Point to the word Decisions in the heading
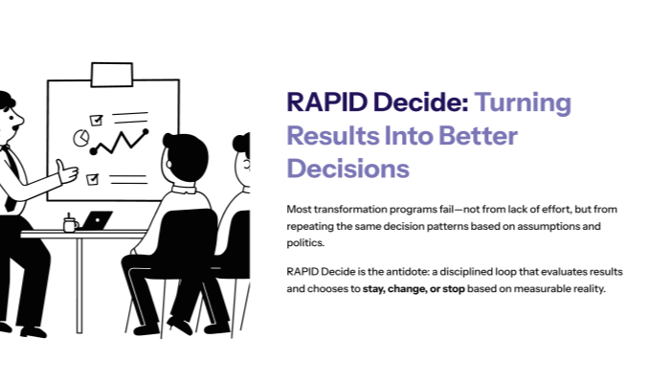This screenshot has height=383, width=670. (x=347, y=169)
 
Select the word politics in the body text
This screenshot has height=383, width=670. (x=306, y=244)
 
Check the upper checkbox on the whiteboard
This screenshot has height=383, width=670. (x=95, y=120)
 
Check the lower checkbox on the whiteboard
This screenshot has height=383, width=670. (x=92, y=179)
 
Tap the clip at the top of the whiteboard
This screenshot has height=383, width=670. (x=111, y=73)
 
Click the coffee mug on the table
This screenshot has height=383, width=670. (x=70, y=224)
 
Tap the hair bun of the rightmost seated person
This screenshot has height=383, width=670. (x=239, y=146)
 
